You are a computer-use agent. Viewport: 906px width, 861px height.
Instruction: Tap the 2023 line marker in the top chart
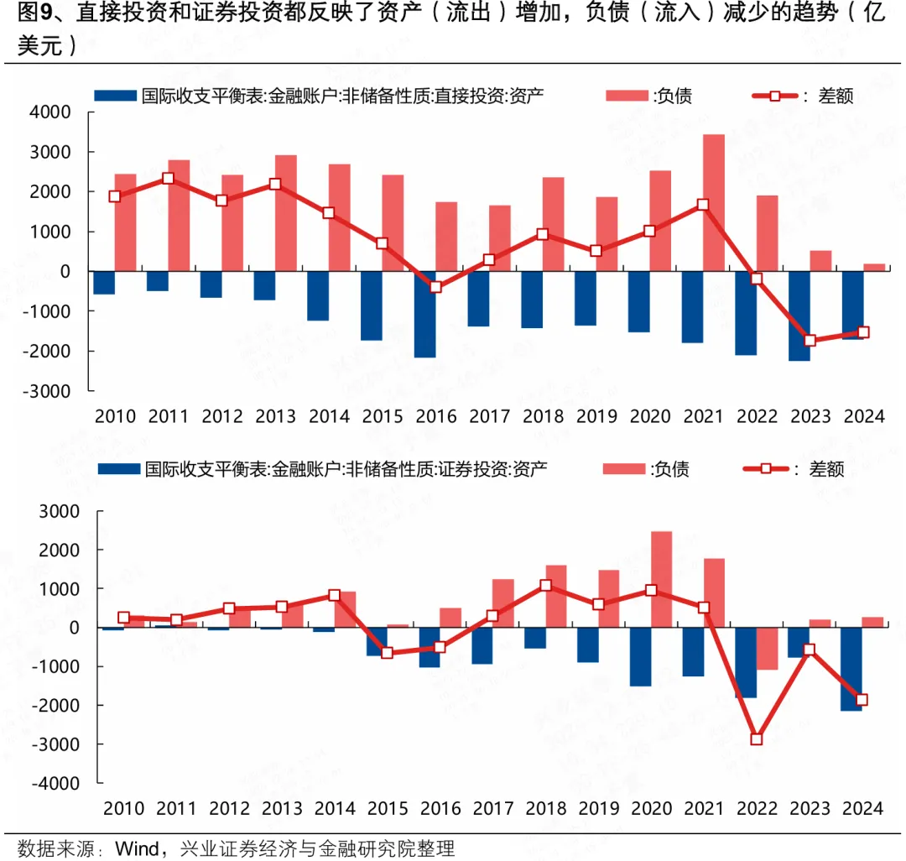point(810,341)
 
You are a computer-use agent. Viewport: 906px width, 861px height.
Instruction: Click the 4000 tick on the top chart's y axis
point(54,112)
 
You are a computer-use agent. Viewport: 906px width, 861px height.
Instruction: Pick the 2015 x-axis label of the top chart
point(383,416)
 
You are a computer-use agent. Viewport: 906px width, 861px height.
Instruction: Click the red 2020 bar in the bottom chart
point(662,579)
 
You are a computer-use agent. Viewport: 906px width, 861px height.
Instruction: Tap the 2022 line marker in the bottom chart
point(757,739)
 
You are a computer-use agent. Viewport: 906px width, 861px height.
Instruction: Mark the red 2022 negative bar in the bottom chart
point(768,649)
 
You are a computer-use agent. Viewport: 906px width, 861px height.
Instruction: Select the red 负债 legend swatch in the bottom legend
point(623,469)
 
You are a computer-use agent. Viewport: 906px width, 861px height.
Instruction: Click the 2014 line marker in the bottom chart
point(334,595)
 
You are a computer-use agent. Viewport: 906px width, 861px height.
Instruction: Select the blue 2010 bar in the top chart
point(104,283)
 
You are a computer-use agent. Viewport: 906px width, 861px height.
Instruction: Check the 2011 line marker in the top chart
point(168,178)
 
